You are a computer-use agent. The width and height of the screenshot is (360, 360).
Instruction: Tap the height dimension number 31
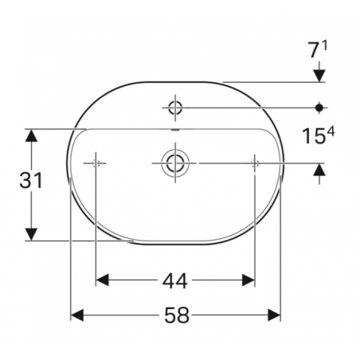(30, 182)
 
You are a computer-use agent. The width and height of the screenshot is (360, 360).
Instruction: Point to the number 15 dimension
(313, 136)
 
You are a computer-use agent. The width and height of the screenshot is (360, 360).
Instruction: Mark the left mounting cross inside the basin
(96, 162)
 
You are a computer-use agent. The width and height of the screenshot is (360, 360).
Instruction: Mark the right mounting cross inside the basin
(254, 162)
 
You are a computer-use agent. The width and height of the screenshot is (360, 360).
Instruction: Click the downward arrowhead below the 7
(319, 75)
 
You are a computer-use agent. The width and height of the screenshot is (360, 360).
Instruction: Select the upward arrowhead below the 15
(319, 169)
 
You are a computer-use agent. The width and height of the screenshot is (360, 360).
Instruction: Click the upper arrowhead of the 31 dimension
(31, 135)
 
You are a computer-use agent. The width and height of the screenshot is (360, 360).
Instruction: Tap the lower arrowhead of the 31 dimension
(31, 233)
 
